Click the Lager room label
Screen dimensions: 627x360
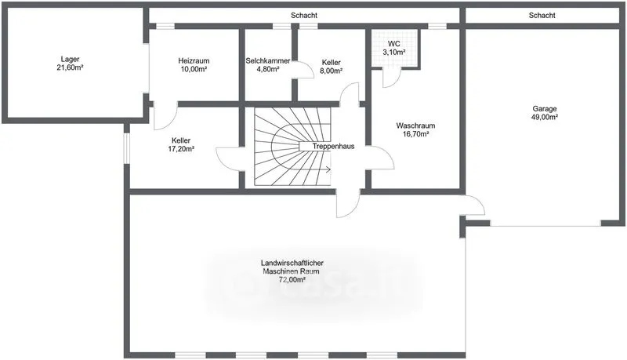pyautogui.click(x=70, y=59)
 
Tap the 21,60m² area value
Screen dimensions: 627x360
pyautogui.click(x=70, y=67)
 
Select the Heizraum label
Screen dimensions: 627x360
pyautogui.click(x=194, y=61)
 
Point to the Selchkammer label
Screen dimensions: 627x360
pyautogui.click(x=268, y=61)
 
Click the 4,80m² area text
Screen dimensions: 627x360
pyautogui.click(x=268, y=69)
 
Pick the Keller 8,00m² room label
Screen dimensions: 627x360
pyautogui.click(x=332, y=63)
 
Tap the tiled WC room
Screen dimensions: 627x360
pyautogui.click(x=394, y=48)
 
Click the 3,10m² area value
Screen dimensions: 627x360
pyautogui.click(x=394, y=53)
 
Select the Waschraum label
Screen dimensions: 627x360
pyautogui.click(x=415, y=125)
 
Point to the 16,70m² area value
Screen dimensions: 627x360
pyautogui.click(x=415, y=134)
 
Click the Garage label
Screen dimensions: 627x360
pyautogui.click(x=545, y=108)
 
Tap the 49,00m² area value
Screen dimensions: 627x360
pyautogui.click(x=545, y=117)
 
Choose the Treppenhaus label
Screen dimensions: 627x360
pyautogui.click(x=334, y=147)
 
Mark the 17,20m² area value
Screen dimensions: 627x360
pyautogui.click(x=181, y=149)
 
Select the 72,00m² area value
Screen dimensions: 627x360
pyautogui.click(x=292, y=280)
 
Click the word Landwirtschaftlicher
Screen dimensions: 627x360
pyautogui.click(x=292, y=264)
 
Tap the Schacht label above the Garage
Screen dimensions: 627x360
pyautogui.click(x=542, y=15)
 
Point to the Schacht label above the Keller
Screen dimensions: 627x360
pyautogui.click(x=304, y=15)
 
